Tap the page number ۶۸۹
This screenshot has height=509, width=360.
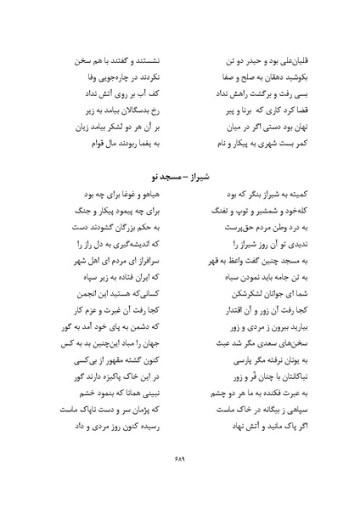coord(179,477)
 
